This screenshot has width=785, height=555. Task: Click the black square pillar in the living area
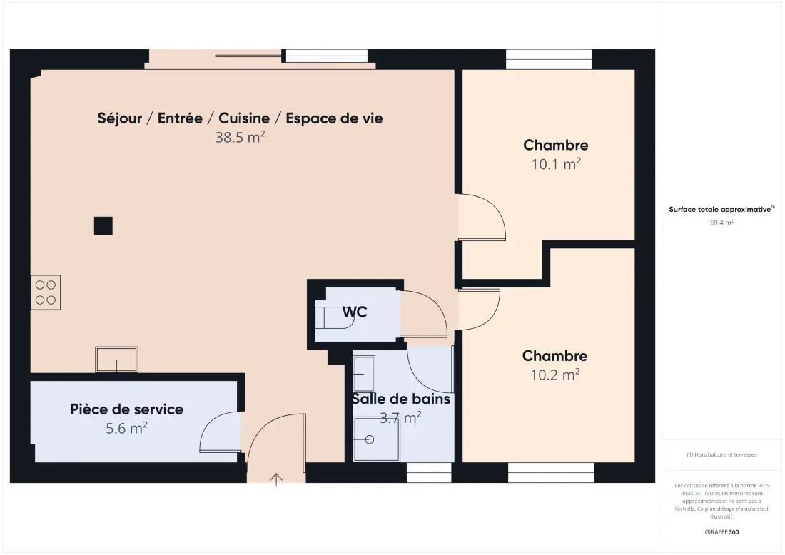(x=103, y=225)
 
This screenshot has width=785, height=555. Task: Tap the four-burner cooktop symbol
(x=46, y=292)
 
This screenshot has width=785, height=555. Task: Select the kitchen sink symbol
(x=116, y=360)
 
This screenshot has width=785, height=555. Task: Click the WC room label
(x=355, y=312)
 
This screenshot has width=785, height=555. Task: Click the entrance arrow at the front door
(x=276, y=479)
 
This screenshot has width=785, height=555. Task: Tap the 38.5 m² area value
(x=240, y=137)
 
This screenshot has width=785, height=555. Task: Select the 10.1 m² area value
(x=556, y=163)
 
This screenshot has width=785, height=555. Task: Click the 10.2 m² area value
(x=554, y=375)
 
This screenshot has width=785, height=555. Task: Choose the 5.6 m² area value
(x=126, y=429)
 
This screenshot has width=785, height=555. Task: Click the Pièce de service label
(x=126, y=409)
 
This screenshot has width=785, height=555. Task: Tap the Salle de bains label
(x=401, y=399)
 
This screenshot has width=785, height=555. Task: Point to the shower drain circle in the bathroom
(x=370, y=439)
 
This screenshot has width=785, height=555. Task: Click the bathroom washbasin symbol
(x=364, y=374)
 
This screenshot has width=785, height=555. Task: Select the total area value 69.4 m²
(x=721, y=223)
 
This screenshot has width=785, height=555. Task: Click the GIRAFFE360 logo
(x=721, y=532)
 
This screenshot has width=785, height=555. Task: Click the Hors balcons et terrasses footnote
(x=721, y=454)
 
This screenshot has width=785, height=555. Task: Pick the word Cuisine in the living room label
(x=244, y=118)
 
